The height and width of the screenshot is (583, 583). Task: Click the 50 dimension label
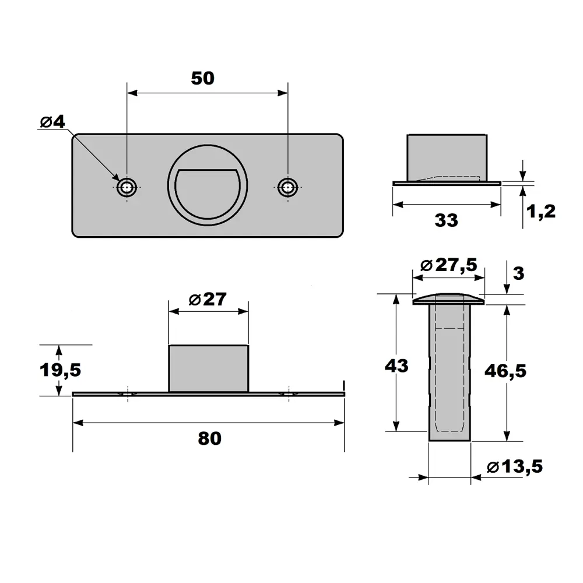[203, 78]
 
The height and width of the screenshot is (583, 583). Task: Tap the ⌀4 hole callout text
[52, 121]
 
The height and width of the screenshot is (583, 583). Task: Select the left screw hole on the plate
[127, 187]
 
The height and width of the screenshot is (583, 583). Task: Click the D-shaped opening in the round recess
[208, 192]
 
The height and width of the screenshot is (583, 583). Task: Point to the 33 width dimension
[446, 220]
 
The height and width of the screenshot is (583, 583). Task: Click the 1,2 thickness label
[541, 211]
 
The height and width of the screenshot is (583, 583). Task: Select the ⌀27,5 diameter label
[448, 265]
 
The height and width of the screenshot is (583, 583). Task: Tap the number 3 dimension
[518, 273]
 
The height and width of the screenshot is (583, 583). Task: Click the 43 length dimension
[396, 366]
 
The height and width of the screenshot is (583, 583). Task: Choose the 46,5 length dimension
[505, 371]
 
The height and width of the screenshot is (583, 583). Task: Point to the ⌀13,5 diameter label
[515, 466]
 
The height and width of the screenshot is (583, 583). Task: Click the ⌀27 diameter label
[208, 299]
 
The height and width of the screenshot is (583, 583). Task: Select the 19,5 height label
[60, 370]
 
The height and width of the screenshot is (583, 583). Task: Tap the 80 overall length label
[210, 438]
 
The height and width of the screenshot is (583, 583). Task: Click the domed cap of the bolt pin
[448, 299]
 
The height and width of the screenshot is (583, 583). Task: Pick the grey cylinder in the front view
[209, 368]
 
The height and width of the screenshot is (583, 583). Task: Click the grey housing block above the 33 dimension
[447, 157]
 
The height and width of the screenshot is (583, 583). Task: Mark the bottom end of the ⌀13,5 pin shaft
[449, 441]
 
